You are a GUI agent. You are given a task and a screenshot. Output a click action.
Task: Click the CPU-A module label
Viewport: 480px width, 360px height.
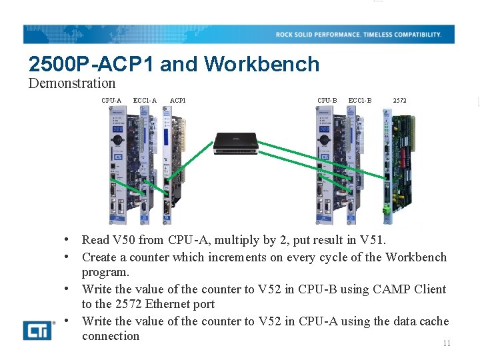111,101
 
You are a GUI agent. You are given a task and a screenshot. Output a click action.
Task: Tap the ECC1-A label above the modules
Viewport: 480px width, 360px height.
145,101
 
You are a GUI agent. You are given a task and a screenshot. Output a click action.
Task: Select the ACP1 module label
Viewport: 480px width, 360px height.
178,101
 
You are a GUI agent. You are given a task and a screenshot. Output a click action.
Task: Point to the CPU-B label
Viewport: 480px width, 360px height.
327,101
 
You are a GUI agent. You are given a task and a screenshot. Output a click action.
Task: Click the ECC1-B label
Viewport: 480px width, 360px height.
360,101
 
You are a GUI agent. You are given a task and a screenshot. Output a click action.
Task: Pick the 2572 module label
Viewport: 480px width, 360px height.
399,101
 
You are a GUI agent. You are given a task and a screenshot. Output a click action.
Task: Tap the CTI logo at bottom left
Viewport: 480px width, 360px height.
39,329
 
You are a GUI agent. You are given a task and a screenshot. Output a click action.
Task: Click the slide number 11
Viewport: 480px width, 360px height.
447,343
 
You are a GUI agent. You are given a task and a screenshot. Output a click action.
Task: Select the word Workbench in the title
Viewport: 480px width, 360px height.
262,64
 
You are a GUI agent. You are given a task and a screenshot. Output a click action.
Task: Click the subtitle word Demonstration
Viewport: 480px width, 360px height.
72,83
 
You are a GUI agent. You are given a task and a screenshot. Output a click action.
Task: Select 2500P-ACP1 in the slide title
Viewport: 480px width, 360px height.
91,64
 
